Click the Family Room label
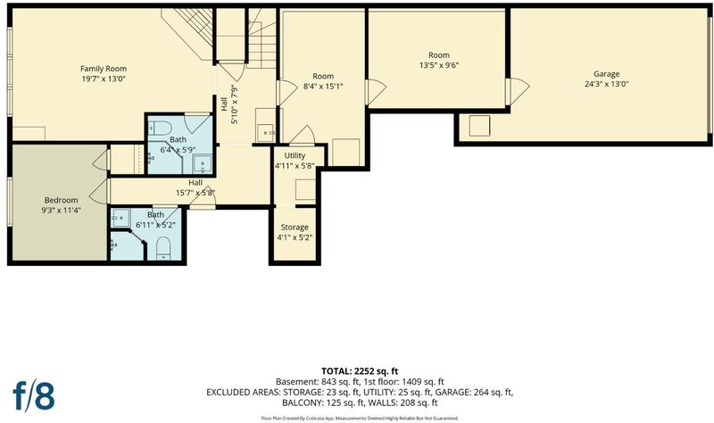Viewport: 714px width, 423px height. pos(104,69)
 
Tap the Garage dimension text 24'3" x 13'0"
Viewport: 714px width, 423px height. pos(607,84)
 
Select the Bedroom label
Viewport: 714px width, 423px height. pos(61,200)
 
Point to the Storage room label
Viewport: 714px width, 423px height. pos(295,228)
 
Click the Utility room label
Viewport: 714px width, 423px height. pos(295,155)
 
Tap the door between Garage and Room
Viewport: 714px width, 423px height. pos(518,91)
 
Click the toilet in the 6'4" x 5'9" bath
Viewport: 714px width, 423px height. pos(161,128)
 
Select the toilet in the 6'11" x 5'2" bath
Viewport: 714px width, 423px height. pos(163,248)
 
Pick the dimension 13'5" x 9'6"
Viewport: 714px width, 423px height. pos(439,65)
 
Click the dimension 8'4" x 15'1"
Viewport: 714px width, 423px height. pos(323,86)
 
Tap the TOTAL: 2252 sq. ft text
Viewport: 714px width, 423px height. pos(360,371)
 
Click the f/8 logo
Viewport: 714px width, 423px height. pos(34,396)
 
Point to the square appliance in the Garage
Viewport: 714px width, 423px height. pos(479,126)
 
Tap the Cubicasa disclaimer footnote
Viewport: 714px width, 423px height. pos(360,418)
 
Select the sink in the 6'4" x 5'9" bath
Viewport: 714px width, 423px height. pos(202,164)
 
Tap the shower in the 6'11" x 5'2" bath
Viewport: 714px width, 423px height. pos(121,218)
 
